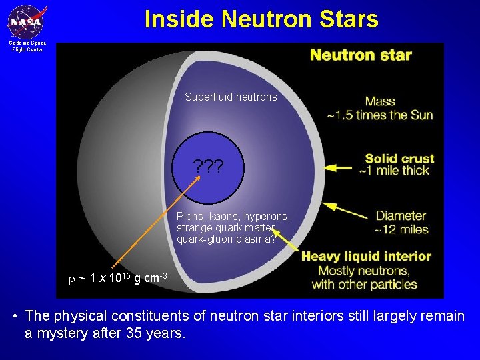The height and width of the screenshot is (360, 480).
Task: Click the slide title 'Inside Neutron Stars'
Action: point(261,19)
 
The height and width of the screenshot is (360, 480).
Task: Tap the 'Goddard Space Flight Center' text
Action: point(27,46)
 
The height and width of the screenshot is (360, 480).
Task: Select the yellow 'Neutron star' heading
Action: point(361,55)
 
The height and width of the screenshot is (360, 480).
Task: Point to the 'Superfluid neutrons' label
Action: point(231,97)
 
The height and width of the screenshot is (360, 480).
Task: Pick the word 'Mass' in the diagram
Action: point(380,102)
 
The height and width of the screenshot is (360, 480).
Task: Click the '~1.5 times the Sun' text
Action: point(379,115)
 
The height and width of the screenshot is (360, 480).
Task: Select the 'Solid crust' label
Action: point(399,159)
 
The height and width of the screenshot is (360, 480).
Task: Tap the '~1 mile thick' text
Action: point(394,171)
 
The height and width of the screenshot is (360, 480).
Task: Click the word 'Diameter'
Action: point(401,216)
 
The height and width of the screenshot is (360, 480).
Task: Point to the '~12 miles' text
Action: point(400,229)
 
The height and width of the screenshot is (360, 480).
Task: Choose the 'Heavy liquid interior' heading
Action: point(367,256)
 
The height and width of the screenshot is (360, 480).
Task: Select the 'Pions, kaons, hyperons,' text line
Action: point(233,216)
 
